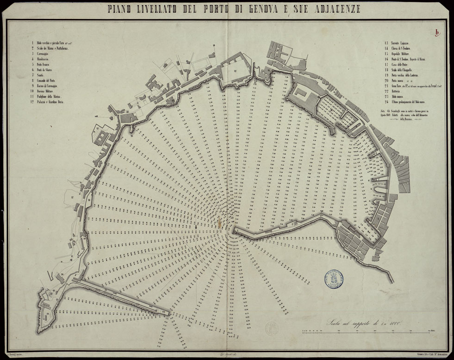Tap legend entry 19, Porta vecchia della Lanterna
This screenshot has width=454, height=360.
[407, 75]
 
